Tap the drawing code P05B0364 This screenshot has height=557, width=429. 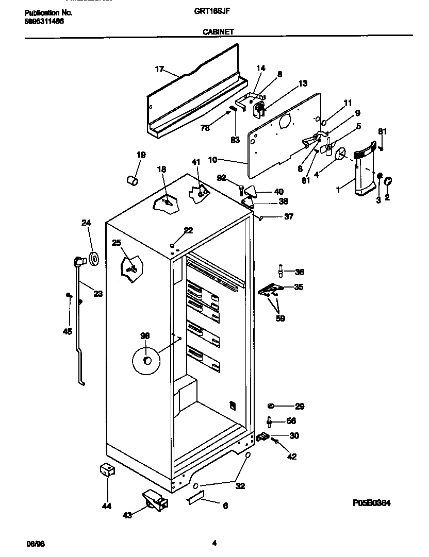tap(375, 503)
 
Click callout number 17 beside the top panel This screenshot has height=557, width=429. tap(159, 69)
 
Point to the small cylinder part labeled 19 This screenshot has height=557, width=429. tap(133, 180)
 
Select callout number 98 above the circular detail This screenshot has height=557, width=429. tap(145, 336)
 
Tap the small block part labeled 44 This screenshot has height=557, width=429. tap(107, 470)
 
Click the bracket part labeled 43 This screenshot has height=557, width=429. tap(155, 499)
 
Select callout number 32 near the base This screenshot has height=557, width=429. tap(240, 485)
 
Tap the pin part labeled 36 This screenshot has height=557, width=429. tap(281, 270)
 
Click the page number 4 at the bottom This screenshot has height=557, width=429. tap(214, 542)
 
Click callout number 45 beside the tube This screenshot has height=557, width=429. tap(67, 331)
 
